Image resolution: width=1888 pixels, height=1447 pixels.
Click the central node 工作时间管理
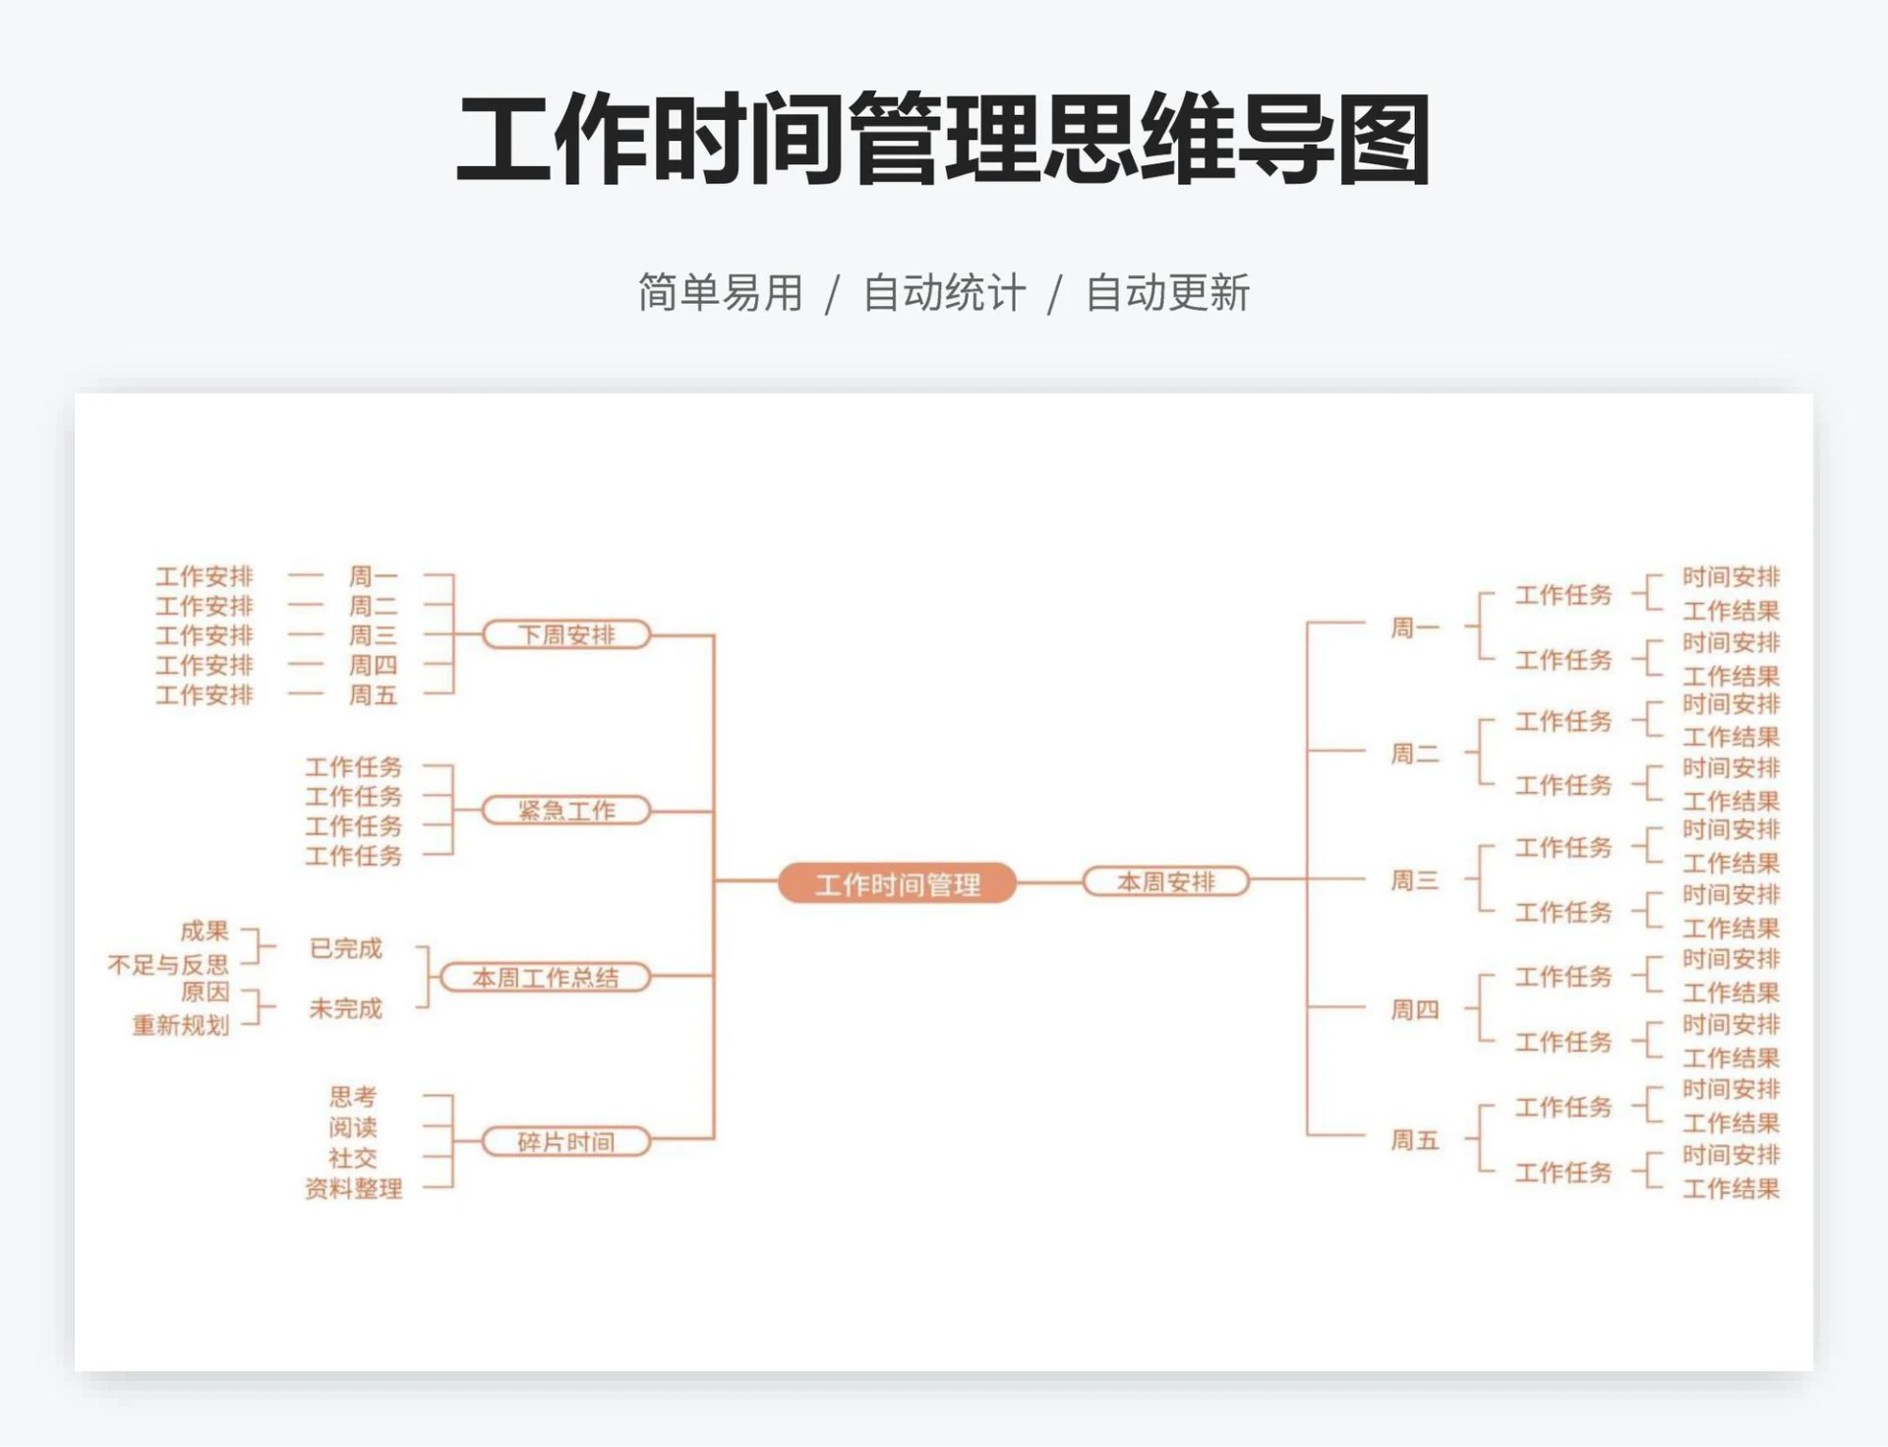(897, 883)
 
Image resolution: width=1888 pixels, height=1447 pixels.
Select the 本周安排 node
(1165, 881)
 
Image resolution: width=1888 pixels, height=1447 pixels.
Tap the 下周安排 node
(566, 634)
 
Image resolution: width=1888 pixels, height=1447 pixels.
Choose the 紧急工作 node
(566, 811)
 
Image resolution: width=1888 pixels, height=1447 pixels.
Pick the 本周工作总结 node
(546, 977)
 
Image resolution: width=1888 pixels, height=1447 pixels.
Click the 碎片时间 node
(566, 1141)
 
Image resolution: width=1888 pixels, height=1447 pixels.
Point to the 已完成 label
(345, 948)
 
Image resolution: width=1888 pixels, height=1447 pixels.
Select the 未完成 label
(345, 1008)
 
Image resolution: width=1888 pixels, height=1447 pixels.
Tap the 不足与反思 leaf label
(168, 964)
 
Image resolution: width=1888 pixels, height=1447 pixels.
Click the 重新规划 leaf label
(181, 1025)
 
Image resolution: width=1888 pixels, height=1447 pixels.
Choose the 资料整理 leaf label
(354, 1188)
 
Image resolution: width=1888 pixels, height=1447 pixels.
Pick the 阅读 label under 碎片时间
(353, 1127)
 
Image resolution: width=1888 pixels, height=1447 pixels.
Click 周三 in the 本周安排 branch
(1414, 880)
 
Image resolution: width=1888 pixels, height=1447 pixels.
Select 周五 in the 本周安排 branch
(1414, 1140)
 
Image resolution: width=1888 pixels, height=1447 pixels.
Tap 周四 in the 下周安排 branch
(373, 665)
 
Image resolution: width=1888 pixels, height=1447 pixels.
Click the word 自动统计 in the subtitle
(944, 293)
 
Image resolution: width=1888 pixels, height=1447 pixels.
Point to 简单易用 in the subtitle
(721, 293)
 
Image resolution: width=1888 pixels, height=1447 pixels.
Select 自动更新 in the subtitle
(1167, 293)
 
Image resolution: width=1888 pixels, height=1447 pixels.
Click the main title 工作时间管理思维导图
(944, 140)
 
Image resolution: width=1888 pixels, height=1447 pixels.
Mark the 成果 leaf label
(205, 931)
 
